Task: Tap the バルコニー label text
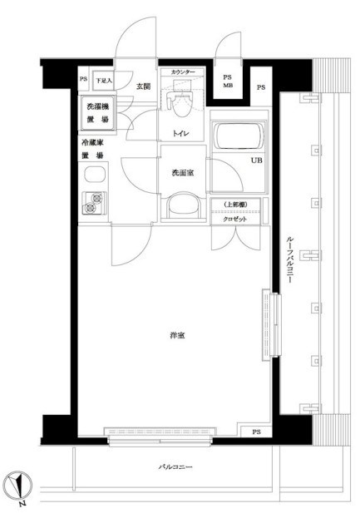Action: [x=175, y=468]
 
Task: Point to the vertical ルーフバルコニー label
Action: [x=290, y=258]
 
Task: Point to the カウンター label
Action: [x=183, y=73]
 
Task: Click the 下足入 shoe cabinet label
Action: [x=102, y=81]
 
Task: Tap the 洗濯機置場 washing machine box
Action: [x=97, y=113]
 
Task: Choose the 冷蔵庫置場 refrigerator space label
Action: [x=92, y=149]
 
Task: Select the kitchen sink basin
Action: [x=95, y=175]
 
